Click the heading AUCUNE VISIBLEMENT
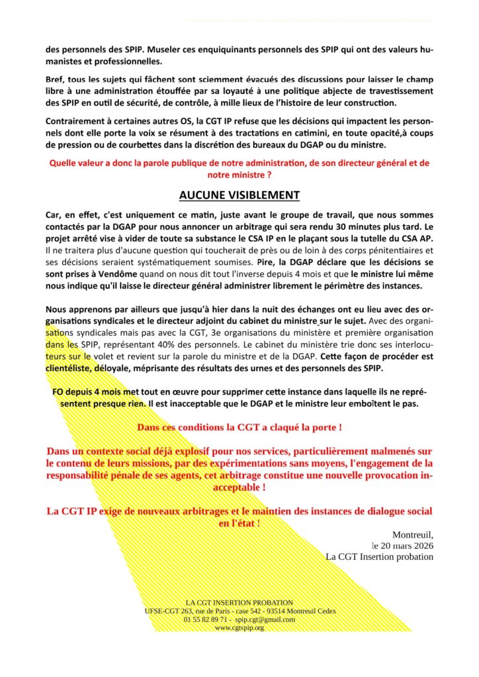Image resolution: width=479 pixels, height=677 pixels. pyautogui.click(x=239, y=195)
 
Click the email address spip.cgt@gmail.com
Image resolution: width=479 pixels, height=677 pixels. pyautogui.click(x=265, y=619)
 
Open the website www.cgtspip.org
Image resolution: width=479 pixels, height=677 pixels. pyautogui.click(x=239, y=627)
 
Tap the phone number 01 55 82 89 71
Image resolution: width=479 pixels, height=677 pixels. pyautogui.click(x=206, y=619)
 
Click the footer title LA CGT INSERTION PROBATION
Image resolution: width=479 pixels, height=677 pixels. pyautogui.click(x=239, y=602)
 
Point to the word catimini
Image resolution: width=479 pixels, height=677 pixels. pyautogui.click(x=335, y=133)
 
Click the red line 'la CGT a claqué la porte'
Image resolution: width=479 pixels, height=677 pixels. pyautogui.click(x=239, y=428)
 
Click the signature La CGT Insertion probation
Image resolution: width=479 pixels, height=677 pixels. pyautogui.click(x=379, y=557)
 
